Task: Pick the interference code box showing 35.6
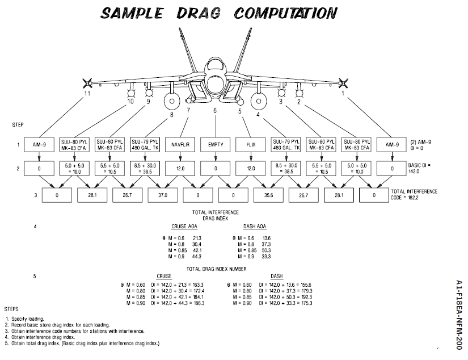tap(269, 195)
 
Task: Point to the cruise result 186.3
tap(196, 303)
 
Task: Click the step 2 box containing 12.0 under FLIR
tap(251, 169)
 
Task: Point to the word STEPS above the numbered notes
tap(11, 309)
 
